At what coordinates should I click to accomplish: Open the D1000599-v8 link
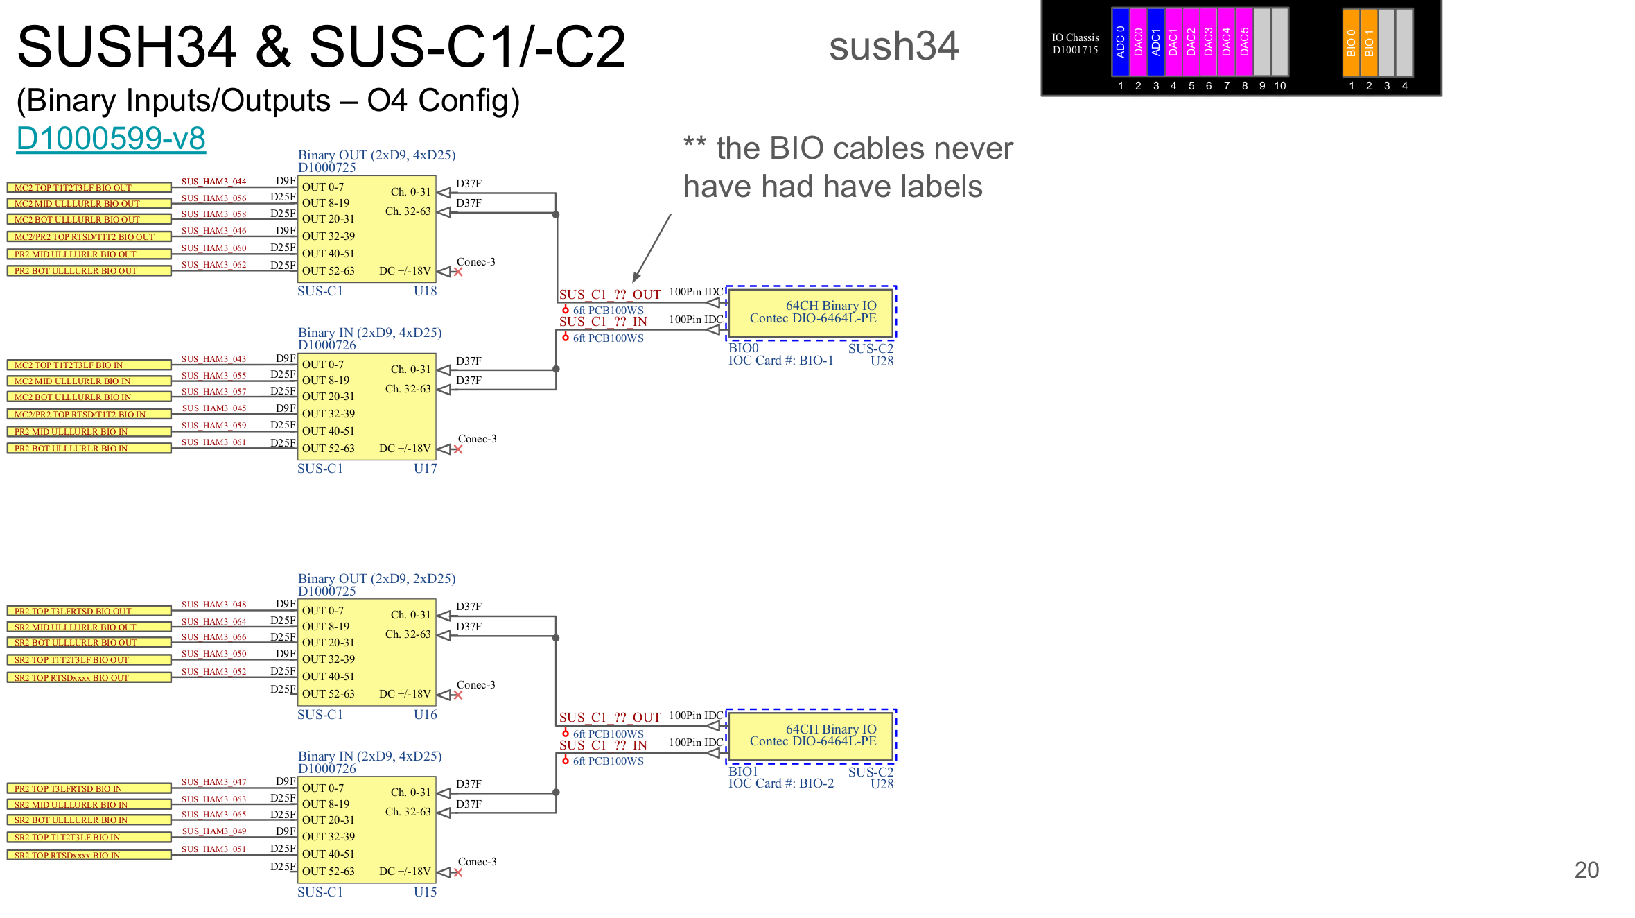[111, 138]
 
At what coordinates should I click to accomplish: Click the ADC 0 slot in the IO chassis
[1120, 42]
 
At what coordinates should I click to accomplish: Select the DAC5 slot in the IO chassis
[1244, 42]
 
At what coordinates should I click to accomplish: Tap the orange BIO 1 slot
[1369, 42]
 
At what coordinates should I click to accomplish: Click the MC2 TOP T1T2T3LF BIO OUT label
[89, 187]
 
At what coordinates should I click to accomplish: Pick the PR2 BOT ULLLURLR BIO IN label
[89, 448]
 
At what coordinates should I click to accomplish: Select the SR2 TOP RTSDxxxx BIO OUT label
[89, 677]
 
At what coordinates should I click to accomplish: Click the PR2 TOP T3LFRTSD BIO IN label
[89, 788]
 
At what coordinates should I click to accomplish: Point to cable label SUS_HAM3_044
[213, 182]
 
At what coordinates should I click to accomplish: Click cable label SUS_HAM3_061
[213, 442]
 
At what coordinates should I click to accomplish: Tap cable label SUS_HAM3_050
[213, 654]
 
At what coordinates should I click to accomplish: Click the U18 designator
[425, 291]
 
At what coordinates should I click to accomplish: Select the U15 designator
[425, 892]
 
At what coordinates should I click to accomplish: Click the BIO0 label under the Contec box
[743, 348]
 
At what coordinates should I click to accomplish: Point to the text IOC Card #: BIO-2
[780, 783]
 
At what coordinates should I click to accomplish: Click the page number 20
[1586, 870]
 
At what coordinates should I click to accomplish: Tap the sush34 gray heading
[893, 46]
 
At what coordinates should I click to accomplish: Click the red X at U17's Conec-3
[457, 449]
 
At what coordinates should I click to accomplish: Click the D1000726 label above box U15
[326, 768]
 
